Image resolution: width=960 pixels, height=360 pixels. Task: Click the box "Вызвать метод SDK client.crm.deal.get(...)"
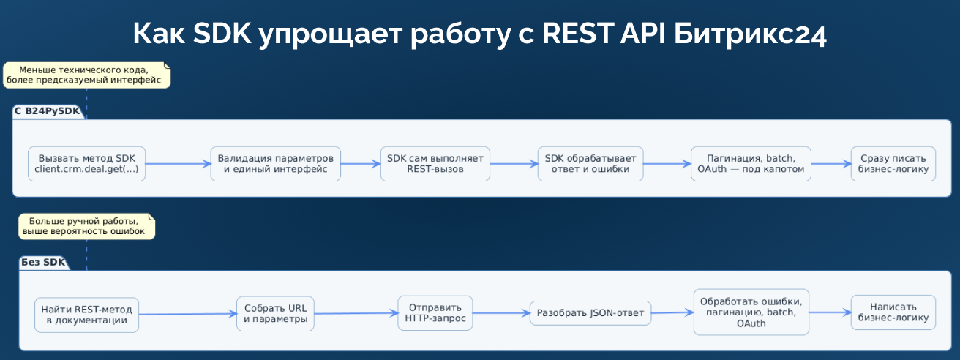(86, 164)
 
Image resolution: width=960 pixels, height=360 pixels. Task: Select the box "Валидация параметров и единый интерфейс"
(275, 164)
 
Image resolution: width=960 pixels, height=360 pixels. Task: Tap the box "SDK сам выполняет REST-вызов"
(435, 164)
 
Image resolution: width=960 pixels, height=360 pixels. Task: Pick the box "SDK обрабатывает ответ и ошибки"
(590, 164)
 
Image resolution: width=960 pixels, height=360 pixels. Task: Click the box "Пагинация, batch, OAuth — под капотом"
(751, 164)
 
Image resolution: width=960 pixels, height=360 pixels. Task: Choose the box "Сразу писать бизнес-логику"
(893, 164)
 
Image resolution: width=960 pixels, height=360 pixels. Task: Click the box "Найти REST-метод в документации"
(86, 315)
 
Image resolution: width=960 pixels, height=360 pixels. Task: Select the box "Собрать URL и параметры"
(275, 314)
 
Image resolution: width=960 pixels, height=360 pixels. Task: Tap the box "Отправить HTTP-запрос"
(435, 313)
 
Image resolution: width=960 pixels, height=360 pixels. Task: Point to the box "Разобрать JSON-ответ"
(590, 313)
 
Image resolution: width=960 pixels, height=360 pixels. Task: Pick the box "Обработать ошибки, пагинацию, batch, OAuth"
(751, 312)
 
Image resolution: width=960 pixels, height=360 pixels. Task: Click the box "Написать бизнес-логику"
(893, 312)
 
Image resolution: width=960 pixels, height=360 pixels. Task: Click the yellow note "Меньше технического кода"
(86, 75)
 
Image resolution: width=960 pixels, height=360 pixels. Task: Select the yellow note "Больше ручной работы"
(86, 226)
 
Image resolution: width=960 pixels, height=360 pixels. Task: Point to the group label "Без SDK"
(42, 262)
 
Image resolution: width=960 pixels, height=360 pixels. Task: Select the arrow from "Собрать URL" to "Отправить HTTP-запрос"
(356, 313)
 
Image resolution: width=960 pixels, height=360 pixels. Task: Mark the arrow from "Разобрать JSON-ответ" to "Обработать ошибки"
(672, 312)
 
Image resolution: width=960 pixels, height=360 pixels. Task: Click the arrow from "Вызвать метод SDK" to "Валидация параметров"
(178, 164)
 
